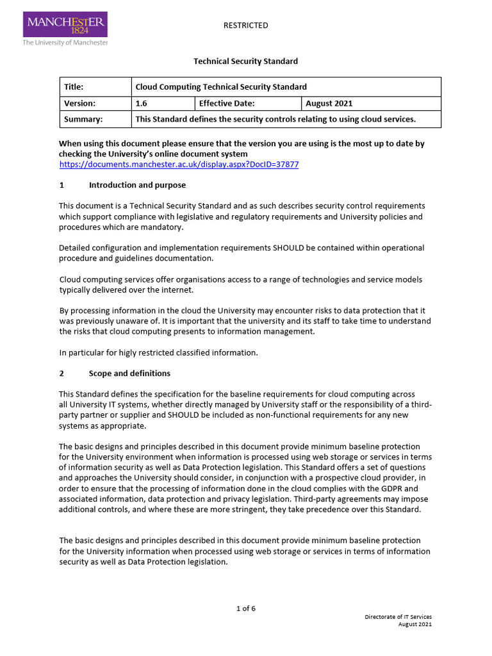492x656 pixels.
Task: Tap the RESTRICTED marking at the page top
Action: (245, 26)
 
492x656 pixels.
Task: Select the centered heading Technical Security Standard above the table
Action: (245, 61)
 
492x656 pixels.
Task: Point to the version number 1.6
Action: (142, 103)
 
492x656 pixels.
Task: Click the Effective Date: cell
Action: (227, 103)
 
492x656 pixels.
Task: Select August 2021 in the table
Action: (329, 103)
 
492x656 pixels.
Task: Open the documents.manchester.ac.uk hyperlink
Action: (179, 165)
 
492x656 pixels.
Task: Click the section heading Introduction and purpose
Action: (137, 185)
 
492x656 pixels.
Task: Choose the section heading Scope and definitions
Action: (129, 373)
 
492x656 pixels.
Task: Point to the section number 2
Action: (61, 373)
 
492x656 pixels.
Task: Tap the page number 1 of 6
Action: (245, 609)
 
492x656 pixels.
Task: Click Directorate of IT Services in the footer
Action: (398, 617)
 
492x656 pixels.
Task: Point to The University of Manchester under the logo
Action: (65, 42)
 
